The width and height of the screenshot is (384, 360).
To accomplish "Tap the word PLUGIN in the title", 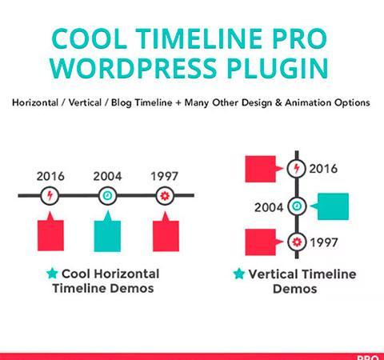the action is [278, 68].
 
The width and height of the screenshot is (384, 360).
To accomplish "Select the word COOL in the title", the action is [89, 38].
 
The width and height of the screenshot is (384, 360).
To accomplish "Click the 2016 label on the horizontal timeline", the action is [50, 176].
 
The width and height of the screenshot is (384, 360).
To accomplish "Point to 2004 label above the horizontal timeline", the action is [107, 176].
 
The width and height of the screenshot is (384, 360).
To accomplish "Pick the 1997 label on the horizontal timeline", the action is [164, 176].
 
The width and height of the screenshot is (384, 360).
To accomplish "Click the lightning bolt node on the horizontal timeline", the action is [50, 196].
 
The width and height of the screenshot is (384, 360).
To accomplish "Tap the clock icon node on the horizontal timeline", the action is [107, 196].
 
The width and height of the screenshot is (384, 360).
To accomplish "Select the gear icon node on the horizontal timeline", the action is [165, 196].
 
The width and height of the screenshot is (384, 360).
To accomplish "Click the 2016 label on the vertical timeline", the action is [323, 169].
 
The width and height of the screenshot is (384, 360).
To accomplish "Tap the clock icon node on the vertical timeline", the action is [297, 206].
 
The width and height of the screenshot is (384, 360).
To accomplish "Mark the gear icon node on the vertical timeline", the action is [297, 242].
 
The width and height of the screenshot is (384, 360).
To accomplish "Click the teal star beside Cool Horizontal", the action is [52, 274].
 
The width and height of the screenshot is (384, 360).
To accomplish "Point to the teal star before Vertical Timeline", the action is [239, 274].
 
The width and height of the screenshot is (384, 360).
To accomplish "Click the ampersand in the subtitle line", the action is [278, 102].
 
